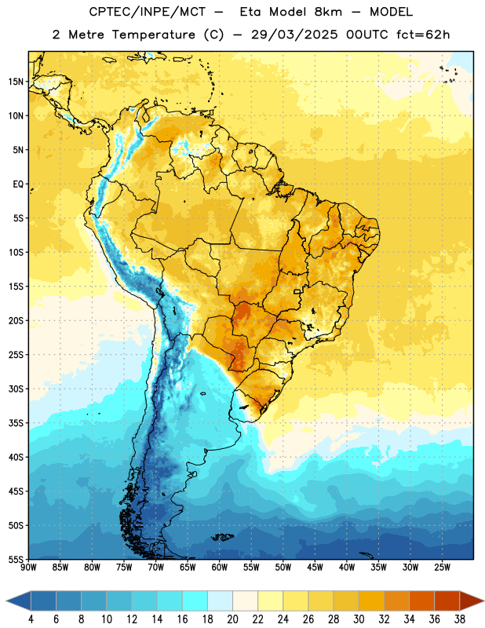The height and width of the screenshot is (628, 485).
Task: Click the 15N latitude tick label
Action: [16, 82]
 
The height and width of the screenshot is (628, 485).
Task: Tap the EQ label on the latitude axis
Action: [18, 184]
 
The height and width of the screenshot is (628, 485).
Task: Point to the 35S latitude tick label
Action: [16, 423]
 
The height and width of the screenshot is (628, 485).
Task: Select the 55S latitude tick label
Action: [16, 559]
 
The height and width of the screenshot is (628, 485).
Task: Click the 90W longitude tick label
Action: [28, 568]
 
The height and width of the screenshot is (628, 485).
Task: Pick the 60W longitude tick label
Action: [220, 568]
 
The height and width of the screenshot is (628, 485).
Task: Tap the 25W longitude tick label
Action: [442, 568]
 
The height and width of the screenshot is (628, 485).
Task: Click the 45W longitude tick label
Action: [315, 568]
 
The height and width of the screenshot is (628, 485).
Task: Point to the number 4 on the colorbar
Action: [31, 619]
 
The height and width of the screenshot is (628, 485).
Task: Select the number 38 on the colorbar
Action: [460, 619]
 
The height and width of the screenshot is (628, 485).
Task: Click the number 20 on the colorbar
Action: [232, 619]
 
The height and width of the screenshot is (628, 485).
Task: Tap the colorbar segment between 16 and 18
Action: [195, 601]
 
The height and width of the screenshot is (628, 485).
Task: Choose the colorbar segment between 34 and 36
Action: [422, 601]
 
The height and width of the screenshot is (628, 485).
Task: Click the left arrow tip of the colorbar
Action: [6, 601]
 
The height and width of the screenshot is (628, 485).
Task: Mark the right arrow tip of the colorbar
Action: [483, 601]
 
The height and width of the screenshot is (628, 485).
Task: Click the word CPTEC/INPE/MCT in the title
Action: [148, 12]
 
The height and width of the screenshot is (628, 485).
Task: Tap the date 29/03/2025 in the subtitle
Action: [295, 35]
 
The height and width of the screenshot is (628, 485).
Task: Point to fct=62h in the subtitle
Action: [423, 35]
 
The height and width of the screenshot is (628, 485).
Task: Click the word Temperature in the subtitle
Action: [154, 35]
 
